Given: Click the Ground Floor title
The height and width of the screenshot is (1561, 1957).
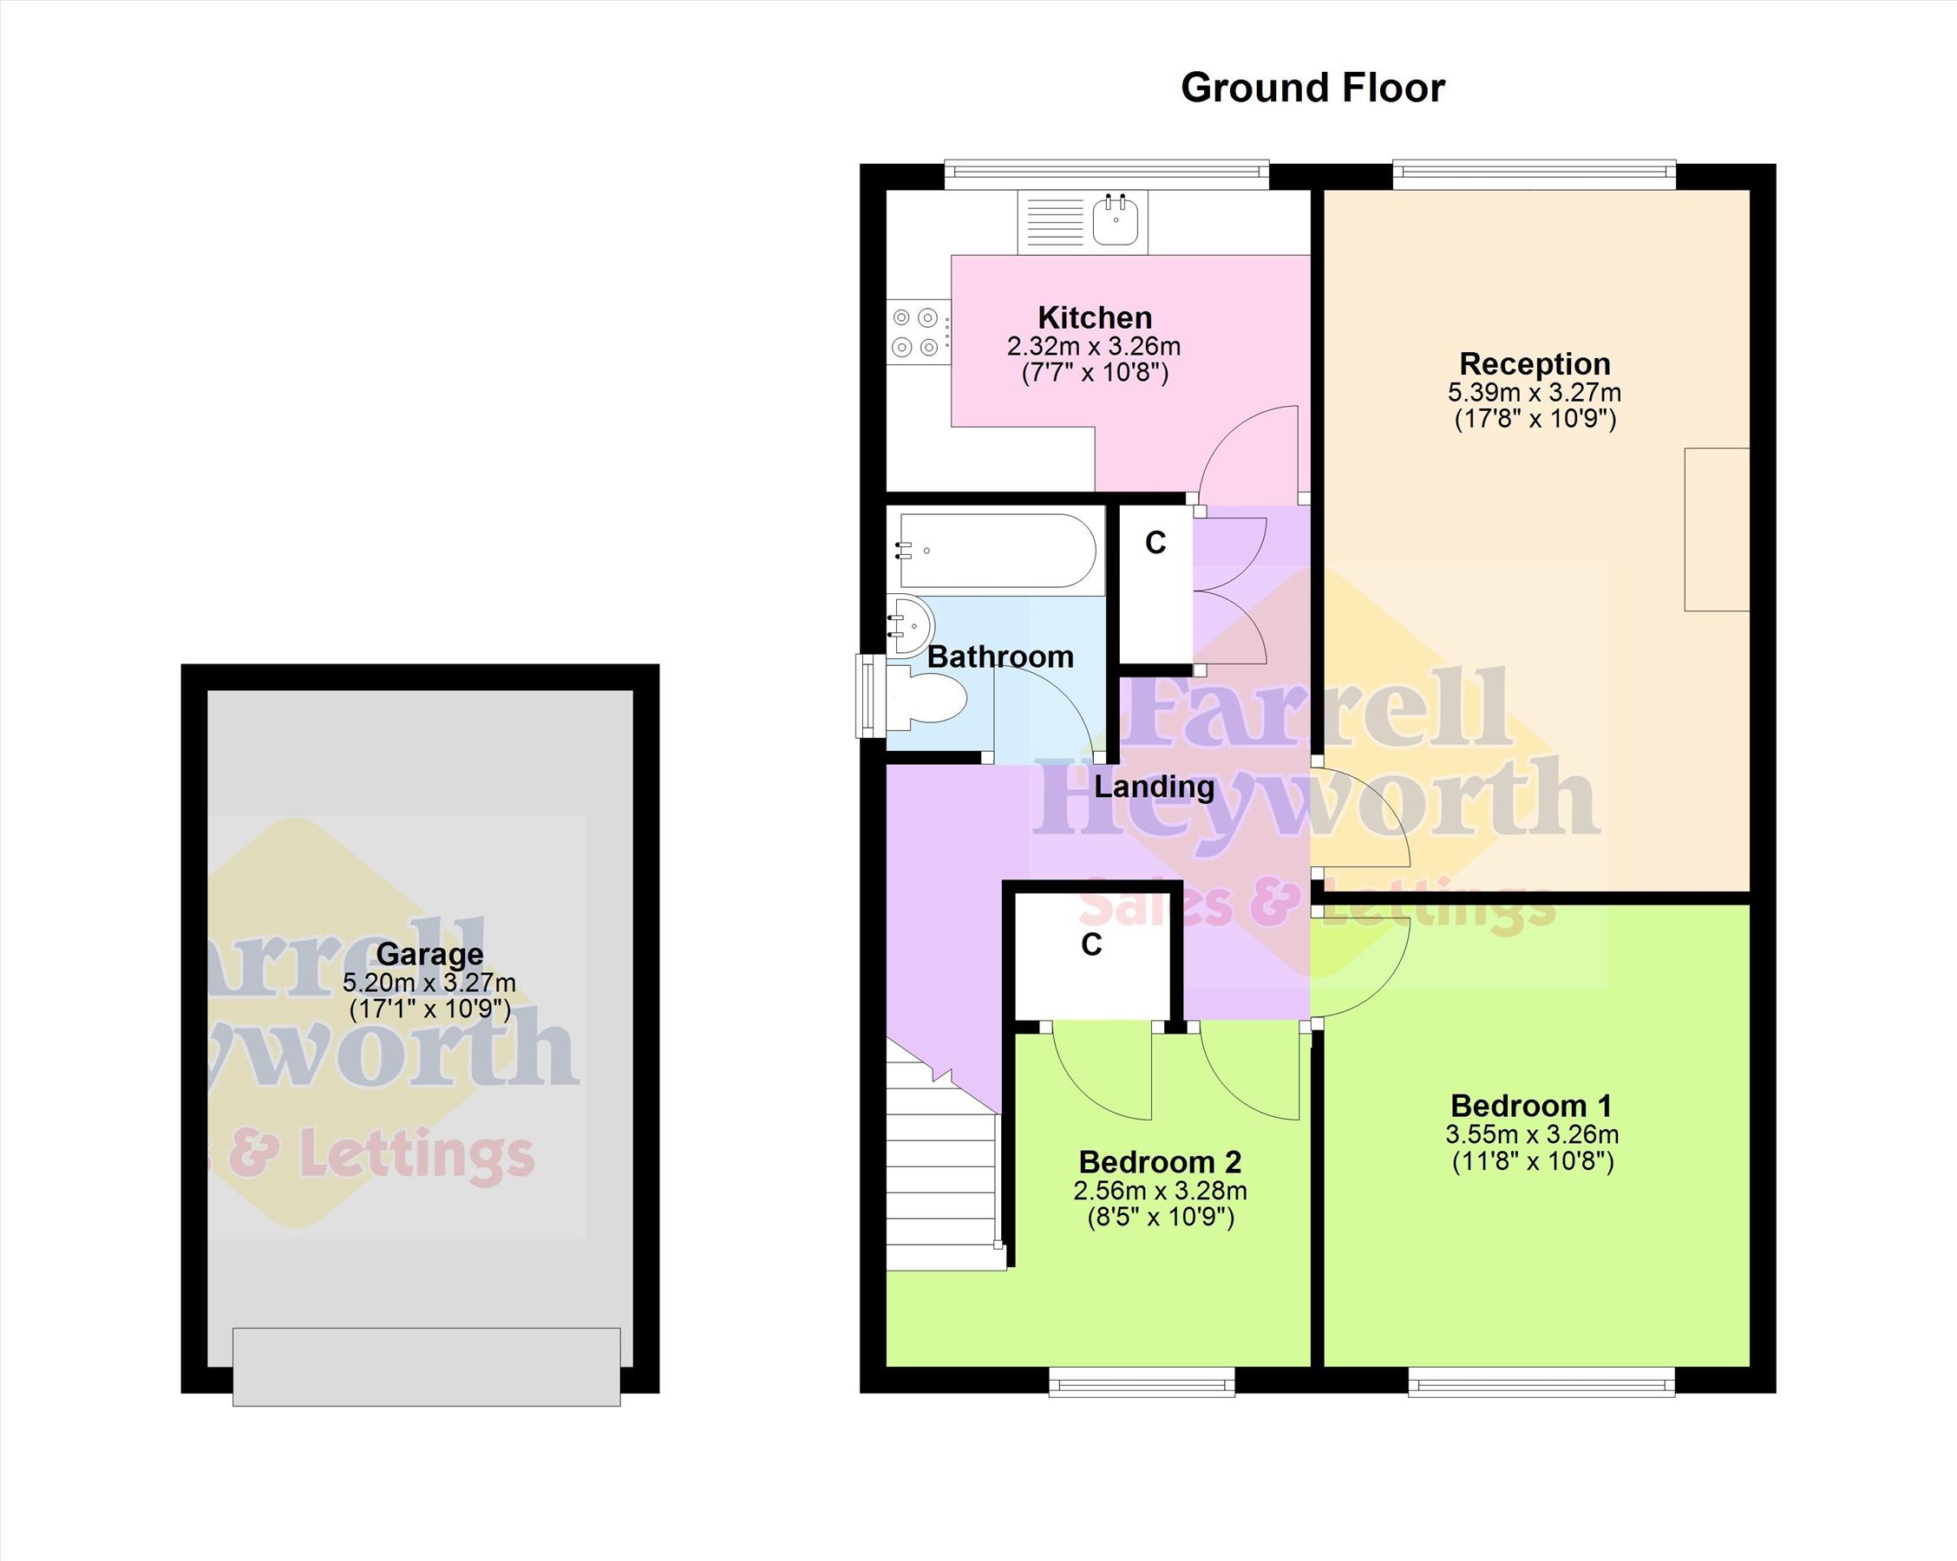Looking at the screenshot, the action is tap(1312, 89).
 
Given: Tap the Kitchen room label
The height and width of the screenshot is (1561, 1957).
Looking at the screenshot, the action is tap(1095, 317).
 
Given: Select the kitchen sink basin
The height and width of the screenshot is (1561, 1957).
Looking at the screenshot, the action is tap(1116, 220).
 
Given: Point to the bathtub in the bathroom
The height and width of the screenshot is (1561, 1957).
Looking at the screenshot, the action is tap(998, 551).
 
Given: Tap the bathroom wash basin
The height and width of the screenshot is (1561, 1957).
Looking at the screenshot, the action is tap(909, 625).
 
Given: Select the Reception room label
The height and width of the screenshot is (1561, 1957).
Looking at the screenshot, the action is tap(1535, 364).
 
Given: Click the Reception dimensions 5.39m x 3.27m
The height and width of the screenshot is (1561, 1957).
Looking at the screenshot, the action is tap(1534, 393).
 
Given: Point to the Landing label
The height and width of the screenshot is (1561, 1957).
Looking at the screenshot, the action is tap(1154, 787).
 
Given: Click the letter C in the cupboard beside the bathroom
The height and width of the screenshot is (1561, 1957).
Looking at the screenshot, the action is tap(1155, 543).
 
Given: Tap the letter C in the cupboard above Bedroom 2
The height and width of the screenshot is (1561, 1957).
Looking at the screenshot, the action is tap(1091, 944).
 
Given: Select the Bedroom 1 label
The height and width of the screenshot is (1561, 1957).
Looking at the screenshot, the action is tap(1531, 1107).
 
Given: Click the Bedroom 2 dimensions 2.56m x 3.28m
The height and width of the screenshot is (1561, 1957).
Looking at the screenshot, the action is tap(1160, 1191).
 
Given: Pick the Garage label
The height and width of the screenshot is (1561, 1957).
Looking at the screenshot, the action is tap(429, 954).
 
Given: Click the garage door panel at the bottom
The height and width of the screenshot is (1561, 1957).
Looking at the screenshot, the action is tap(427, 1367).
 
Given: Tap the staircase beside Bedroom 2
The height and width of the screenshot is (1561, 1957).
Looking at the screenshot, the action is tap(944, 1171).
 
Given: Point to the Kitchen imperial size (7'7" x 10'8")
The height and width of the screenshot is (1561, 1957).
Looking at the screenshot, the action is tap(1095, 373).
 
